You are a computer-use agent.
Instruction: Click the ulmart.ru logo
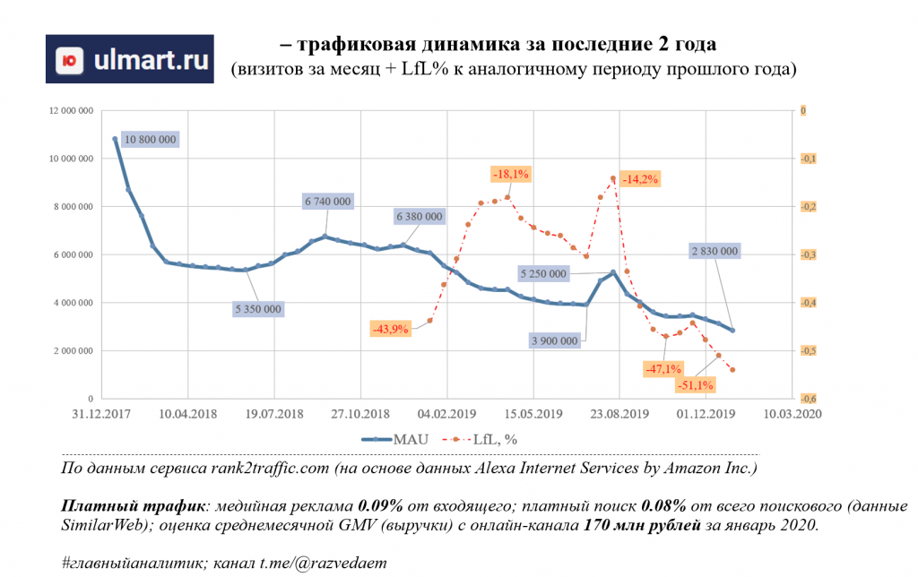point(129,59)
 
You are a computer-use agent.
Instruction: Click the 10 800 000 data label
point(150,140)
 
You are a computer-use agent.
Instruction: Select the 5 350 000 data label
point(258,309)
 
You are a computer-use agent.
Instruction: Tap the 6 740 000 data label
point(327,202)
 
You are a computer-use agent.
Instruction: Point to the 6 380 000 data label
point(419,217)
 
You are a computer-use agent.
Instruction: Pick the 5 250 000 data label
point(543,273)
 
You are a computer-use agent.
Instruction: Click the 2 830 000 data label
point(714,252)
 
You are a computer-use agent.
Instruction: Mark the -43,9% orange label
point(389,329)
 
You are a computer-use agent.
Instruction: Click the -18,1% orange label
point(510,174)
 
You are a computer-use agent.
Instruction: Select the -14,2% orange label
point(640,179)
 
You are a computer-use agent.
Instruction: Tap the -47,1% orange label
point(663,368)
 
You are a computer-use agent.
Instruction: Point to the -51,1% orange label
point(695,385)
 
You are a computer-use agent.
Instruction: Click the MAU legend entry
point(395,439)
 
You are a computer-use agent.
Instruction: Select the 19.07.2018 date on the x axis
point(273,414)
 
